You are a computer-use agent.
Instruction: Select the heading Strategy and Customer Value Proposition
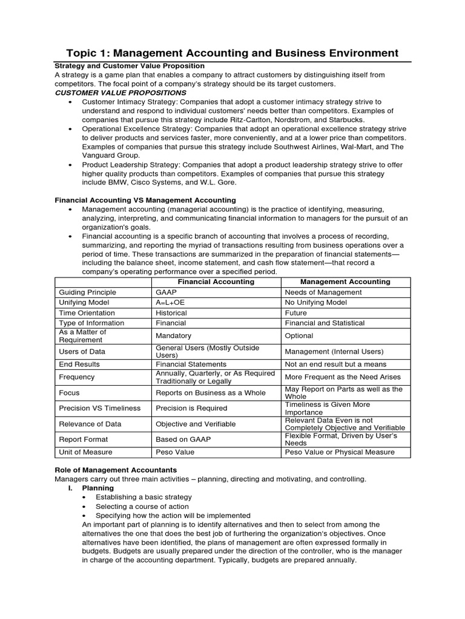tap(130, 66)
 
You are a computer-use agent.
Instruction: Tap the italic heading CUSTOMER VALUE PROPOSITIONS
tap(120, 93)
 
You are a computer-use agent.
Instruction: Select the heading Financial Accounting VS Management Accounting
tap(145, 200)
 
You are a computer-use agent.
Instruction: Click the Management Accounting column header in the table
tap(346, 282)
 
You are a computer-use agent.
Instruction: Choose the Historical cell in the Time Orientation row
tap(171, 313)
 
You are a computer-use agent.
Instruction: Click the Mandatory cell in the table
tap(173, 335)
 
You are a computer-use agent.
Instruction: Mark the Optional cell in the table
tap(299, 335)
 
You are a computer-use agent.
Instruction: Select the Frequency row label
tap(77, 377)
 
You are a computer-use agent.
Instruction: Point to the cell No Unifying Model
tap(316, 302)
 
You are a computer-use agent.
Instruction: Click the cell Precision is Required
tap(191, 409)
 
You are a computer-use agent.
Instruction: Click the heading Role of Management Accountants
tap(116, 470)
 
